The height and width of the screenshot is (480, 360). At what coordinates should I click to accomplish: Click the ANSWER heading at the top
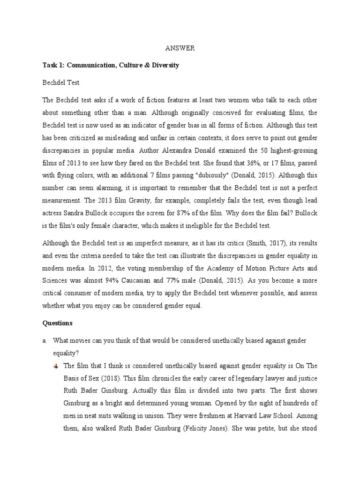180,48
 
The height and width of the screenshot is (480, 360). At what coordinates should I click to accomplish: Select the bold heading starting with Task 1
111,65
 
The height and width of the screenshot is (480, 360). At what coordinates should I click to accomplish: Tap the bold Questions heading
58,323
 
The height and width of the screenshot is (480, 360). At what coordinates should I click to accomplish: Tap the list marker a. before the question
45,340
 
